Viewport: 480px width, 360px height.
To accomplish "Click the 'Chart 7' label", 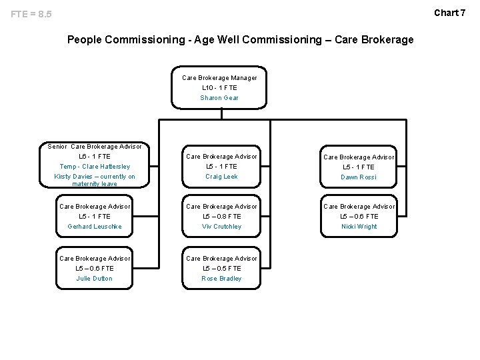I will click(x=450, y=13).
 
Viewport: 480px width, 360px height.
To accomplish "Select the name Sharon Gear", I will click(x=219, y=98).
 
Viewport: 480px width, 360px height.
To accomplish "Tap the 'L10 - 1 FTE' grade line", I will click(x=219, y=88).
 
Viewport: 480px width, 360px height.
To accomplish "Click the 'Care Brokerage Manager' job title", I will click(x=219, y=78).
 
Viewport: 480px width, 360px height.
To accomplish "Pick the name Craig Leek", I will click(x=221, y=177).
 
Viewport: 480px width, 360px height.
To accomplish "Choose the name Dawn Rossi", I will click(x=359, y=177).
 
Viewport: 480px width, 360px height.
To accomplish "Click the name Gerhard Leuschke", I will click(x=95, y=227).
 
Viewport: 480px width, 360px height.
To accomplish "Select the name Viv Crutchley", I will click(x=221, y=227).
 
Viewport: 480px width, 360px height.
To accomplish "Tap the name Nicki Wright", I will click(x=359, y=227).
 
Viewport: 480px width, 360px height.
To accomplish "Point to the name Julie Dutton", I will click(x=95, y=279).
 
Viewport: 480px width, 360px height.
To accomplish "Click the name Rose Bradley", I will click(x=221, y=279).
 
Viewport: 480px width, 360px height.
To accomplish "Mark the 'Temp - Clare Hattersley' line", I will click(x=95, y=167).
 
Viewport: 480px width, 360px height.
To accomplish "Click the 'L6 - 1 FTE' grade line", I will click(x=95, y=156).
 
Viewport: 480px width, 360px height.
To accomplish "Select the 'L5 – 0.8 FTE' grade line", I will click(x=221, y=217).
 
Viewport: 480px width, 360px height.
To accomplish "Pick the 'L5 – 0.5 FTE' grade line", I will click(x=221, y=269).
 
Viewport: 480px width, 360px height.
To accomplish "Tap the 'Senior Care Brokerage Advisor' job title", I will click(x=95, y=146).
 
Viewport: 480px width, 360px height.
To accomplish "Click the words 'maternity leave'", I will click(x=95, y=184).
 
